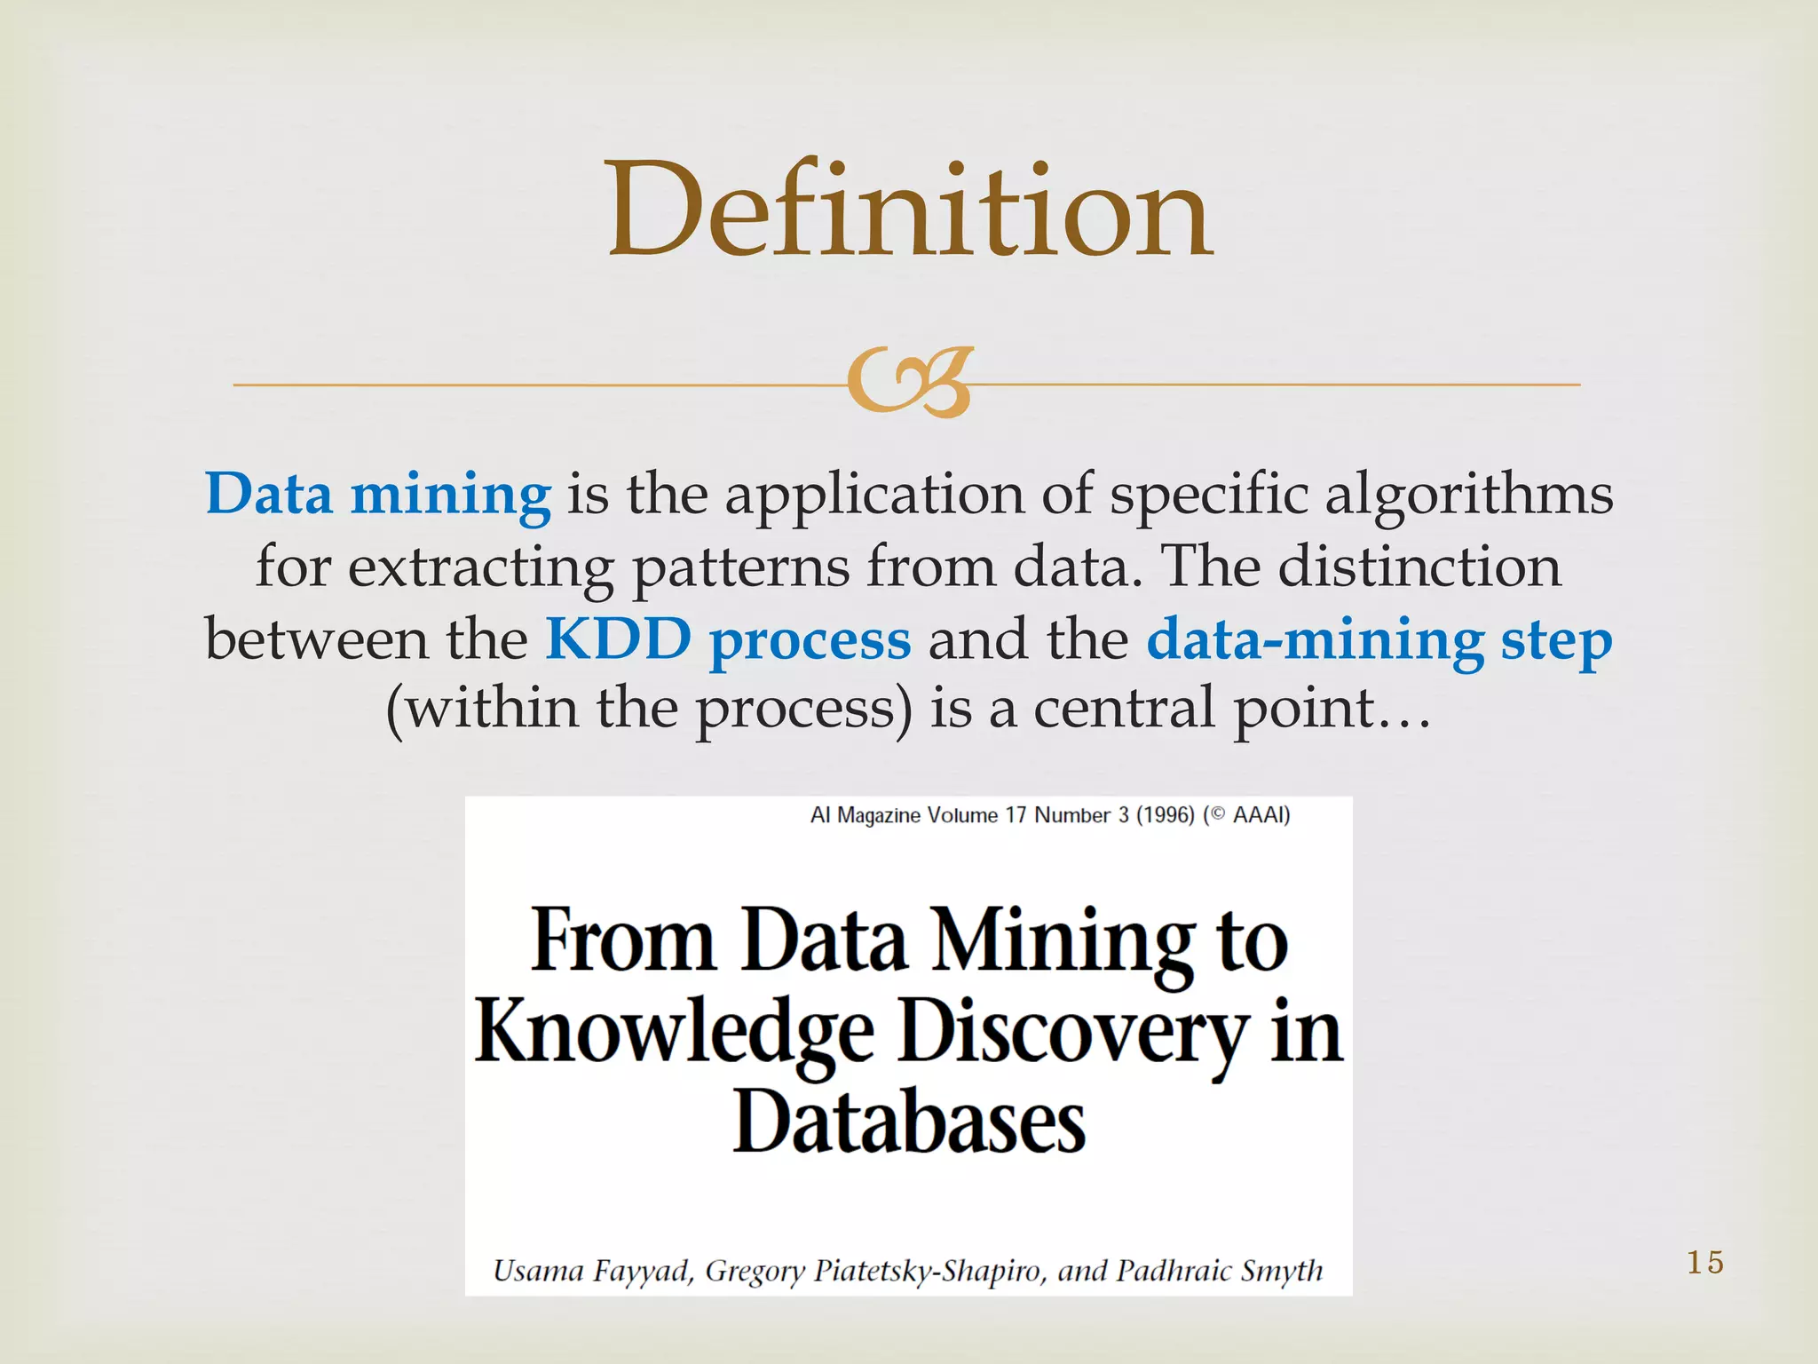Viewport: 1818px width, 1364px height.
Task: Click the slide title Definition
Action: [909, 211]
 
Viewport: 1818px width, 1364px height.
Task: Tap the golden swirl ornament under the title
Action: [909, 384]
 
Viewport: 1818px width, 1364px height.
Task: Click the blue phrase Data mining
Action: [378, 494]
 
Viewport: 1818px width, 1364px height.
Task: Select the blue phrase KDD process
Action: [728, 639]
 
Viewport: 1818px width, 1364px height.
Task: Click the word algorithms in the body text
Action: [1468, 496]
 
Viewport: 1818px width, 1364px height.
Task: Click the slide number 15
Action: [1704, 1262]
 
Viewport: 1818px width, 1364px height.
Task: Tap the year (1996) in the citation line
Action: [1165, 815]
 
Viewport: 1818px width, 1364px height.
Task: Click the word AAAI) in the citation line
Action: [1261, 815]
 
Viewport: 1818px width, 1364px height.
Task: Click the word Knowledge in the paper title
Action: [675, 1034]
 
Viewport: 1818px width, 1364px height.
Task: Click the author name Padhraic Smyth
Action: [1219, 1271]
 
